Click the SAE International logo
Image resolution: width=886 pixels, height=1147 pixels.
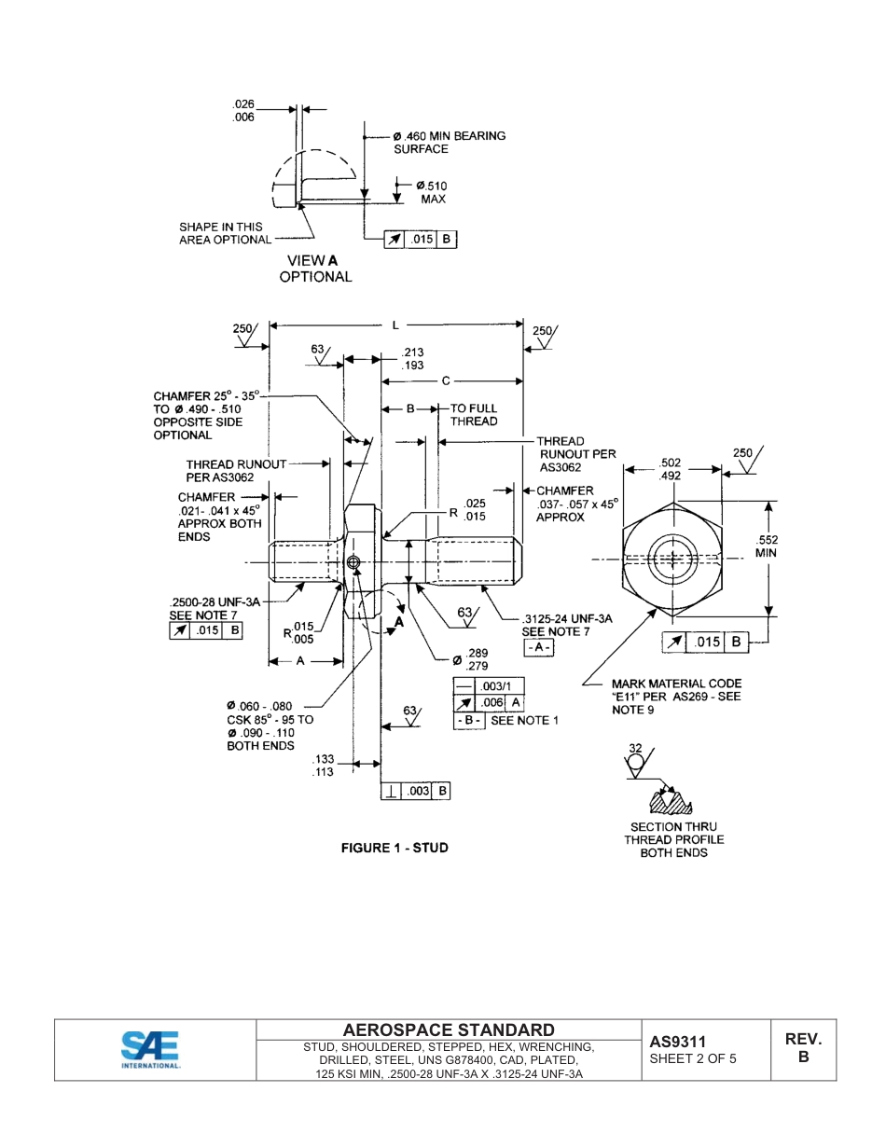(151, 1049)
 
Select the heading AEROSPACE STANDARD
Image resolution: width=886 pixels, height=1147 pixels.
(449, 1030)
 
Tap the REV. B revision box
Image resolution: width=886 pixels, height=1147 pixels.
(803, 1048)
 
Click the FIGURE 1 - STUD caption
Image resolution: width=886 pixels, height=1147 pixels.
(395, 848)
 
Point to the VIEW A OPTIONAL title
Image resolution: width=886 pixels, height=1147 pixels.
(315, 269)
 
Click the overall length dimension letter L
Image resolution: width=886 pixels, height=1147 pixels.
(395, 325)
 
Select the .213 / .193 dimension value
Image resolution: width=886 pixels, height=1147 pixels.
(412, 359)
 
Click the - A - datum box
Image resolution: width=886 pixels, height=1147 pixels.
(538, 646)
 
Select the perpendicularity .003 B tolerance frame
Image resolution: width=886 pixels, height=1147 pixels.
(417, 791)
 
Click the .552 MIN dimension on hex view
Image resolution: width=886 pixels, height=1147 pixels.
(767, 546)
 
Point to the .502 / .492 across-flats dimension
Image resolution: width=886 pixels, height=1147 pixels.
(670, 469)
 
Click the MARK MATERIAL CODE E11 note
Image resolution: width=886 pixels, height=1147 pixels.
(676, 697)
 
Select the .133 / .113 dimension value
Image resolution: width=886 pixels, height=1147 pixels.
(323, 766)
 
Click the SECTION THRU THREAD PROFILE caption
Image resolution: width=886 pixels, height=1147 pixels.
(673, 839)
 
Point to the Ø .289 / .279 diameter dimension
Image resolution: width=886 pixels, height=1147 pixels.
(470, 659)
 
